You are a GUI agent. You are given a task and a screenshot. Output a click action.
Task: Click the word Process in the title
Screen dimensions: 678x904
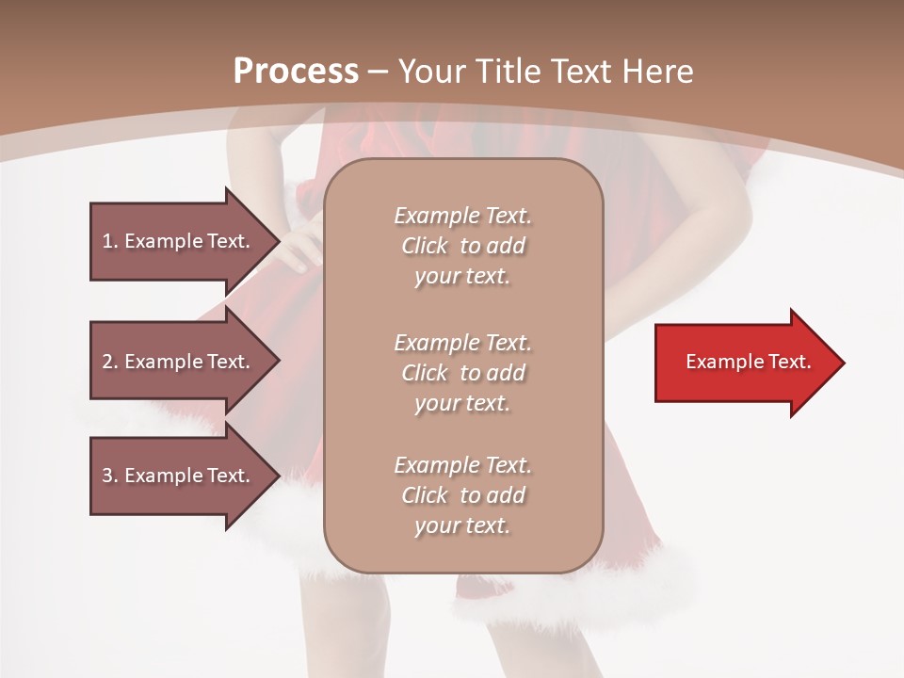(296, 71)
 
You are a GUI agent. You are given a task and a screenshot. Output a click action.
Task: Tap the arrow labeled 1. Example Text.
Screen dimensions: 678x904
(179, 241)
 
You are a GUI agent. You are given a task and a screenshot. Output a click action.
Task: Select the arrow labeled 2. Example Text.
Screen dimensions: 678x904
(179, 362)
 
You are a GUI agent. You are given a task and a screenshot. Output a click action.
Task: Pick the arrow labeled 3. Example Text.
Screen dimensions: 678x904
(179, 476)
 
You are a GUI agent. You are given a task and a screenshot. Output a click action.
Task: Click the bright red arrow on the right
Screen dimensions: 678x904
(744, 363)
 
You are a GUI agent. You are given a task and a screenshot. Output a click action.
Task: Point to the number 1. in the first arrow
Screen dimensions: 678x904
(109, 241)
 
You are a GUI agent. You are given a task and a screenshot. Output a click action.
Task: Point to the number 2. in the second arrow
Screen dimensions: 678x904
(109, 362)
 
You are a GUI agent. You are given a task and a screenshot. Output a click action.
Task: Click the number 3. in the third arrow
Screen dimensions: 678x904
(109, 476)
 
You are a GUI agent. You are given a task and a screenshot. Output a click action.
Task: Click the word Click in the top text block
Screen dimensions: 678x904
(424, 247)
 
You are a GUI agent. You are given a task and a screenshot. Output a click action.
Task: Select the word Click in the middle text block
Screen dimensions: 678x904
(424, 373)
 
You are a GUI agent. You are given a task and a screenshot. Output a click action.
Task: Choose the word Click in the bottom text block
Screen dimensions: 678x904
(424, 495)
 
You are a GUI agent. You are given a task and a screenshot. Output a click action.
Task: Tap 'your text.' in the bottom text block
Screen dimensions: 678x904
(462, 526)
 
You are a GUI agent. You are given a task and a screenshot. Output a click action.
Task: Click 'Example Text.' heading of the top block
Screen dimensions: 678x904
(462, 216)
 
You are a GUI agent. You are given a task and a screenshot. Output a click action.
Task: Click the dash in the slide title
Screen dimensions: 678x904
(379, 71)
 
